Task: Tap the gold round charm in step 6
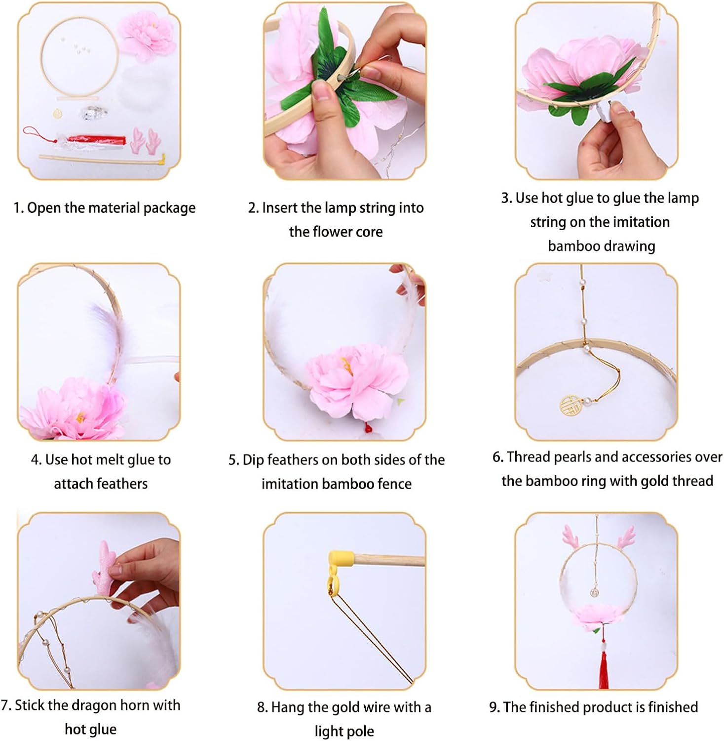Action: tap(571, 405)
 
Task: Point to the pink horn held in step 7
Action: tap(104, 571)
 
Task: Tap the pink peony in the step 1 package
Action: tap(147, 37)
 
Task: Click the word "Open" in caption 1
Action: tap(44, 208)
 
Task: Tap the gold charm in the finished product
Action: tap(595, 591)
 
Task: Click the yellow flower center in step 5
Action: tap(347, 366)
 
